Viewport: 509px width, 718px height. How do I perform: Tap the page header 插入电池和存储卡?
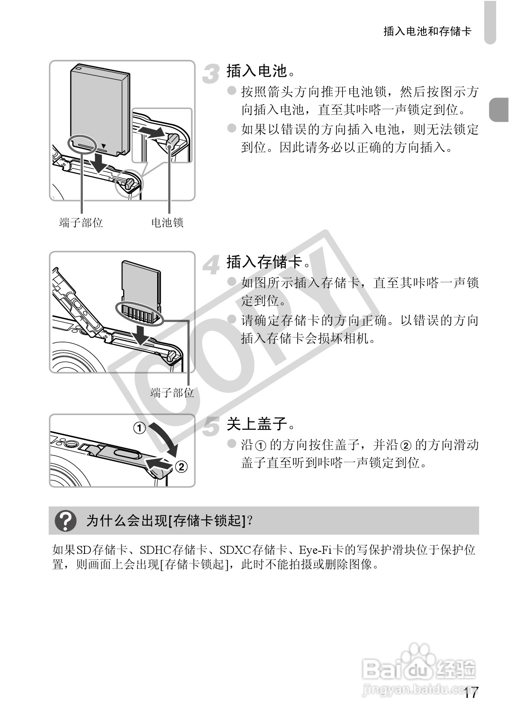[427, 32]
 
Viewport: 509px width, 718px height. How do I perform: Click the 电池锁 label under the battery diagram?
[167, 223]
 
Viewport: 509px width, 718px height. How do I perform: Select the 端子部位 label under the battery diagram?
[81, 223]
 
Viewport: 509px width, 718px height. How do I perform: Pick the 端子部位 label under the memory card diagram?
[172, 392]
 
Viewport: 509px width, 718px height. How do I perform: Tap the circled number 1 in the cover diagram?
[140, 427]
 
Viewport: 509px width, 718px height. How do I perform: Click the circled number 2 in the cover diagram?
[181, 467]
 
